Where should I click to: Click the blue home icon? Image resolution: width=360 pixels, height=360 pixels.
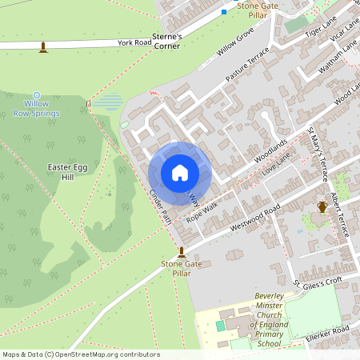(180, 173)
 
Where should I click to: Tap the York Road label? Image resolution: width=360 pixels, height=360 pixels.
(134, 42)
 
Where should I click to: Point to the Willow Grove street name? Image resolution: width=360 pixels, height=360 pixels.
(234, 41)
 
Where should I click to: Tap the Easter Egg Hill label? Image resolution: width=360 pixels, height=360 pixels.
(67, 171)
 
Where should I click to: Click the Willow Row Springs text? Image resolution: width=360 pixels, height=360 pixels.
(38, 109)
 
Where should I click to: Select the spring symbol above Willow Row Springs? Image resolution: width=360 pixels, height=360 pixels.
(37, 94)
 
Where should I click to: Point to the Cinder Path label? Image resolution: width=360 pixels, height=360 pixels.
(161, 206)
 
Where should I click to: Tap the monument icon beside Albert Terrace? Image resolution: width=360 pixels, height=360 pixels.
(322, 207)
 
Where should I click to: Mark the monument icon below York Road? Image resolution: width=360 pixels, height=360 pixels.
(43, 48)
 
